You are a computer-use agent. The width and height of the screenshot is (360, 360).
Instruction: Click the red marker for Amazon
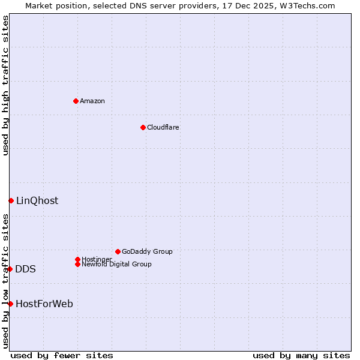(x=76, y=101)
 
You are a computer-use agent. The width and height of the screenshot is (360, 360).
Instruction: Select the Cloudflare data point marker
(x=143, y=127)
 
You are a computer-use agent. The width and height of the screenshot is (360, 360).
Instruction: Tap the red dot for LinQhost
(x=11, y=200)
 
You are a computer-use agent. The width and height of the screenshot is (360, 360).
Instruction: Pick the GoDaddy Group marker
(x=118, y=251)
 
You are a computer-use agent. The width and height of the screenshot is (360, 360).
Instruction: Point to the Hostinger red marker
(x=77, y=259)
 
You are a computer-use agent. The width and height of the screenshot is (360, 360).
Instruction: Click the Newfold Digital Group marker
(x=77, y=264)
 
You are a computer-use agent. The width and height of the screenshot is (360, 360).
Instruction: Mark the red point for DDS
(x=10, y=269)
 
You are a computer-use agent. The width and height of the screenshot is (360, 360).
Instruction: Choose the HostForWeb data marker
(x=10, y=304)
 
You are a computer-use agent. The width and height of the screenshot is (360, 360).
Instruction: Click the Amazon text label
(x=92, y=101)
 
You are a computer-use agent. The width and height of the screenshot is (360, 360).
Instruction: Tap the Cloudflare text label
(x=163, y=127)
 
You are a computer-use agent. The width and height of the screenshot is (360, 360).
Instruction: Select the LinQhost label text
(x=37, y=200)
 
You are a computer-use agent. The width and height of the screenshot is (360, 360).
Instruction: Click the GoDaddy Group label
(x=147, y=251)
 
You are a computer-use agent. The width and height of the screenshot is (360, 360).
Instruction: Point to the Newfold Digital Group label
(x=116, y=264)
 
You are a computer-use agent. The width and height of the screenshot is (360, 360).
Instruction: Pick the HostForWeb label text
(x=44, y=304)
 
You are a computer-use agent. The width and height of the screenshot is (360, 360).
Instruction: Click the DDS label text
(x=25, y=269)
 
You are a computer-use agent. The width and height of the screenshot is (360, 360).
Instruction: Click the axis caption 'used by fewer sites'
(x=62, y=355)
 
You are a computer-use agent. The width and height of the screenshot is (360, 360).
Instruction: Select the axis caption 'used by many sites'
(x=301, y=355)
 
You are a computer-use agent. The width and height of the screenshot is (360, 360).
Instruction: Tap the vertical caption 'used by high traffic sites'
(x=5, y=86)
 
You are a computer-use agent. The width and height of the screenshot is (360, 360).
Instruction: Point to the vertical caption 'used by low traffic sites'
(x=5, y=281)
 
